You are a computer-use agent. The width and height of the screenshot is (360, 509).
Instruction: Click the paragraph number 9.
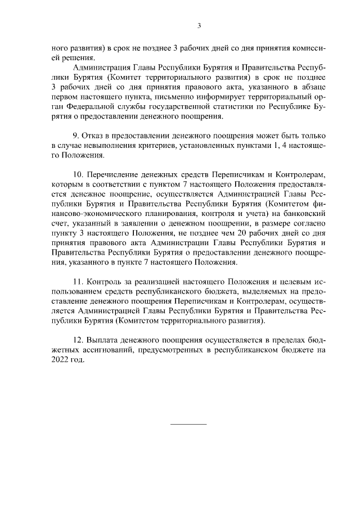(x=76, y=136)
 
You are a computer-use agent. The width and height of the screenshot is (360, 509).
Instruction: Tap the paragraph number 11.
(x=78, y=280)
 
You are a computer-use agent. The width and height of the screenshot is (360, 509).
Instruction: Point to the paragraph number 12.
(x=78, y=340)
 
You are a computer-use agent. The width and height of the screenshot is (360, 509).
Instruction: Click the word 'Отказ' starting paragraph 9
(x=93, y=136)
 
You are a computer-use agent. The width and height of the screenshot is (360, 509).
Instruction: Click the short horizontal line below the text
(x=188, y=423)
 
